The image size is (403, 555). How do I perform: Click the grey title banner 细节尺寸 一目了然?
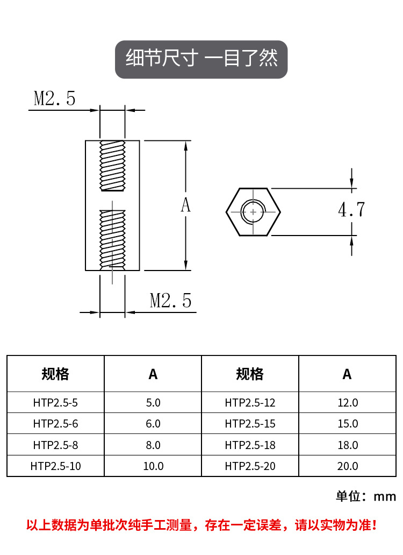(x=201, y=59)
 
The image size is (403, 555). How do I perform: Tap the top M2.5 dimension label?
(x=54, y=98)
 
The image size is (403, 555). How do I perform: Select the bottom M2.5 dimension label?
(x=170, y=300)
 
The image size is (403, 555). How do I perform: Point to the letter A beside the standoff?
(x=185, y=205)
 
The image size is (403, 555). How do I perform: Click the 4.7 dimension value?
(x=351, y=210)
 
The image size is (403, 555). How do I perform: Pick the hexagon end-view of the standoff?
(x=253, y=212)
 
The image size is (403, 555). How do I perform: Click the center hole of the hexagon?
(x=253, y=212)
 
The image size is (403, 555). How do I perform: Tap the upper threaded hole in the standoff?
(x=112, y=166)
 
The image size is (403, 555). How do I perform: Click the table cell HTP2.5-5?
(x=55, y=402)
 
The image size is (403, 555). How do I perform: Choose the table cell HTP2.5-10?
(x=55, y=466)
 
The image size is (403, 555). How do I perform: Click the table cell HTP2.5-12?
(x=250, y=402)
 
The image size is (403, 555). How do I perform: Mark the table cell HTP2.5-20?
(x=250, y=466)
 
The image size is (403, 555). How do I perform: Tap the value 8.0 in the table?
(x=153, y=445)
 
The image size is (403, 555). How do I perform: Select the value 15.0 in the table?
(x=347, y=424)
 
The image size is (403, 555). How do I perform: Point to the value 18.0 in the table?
(x=347, y=445)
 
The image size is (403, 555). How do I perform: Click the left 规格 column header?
(x=55, y=374)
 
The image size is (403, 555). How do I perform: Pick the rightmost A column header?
(x=347, y=374)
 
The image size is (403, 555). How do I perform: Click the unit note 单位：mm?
(x=366, y=496)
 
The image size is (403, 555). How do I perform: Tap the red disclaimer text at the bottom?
(x=201, y=525)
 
